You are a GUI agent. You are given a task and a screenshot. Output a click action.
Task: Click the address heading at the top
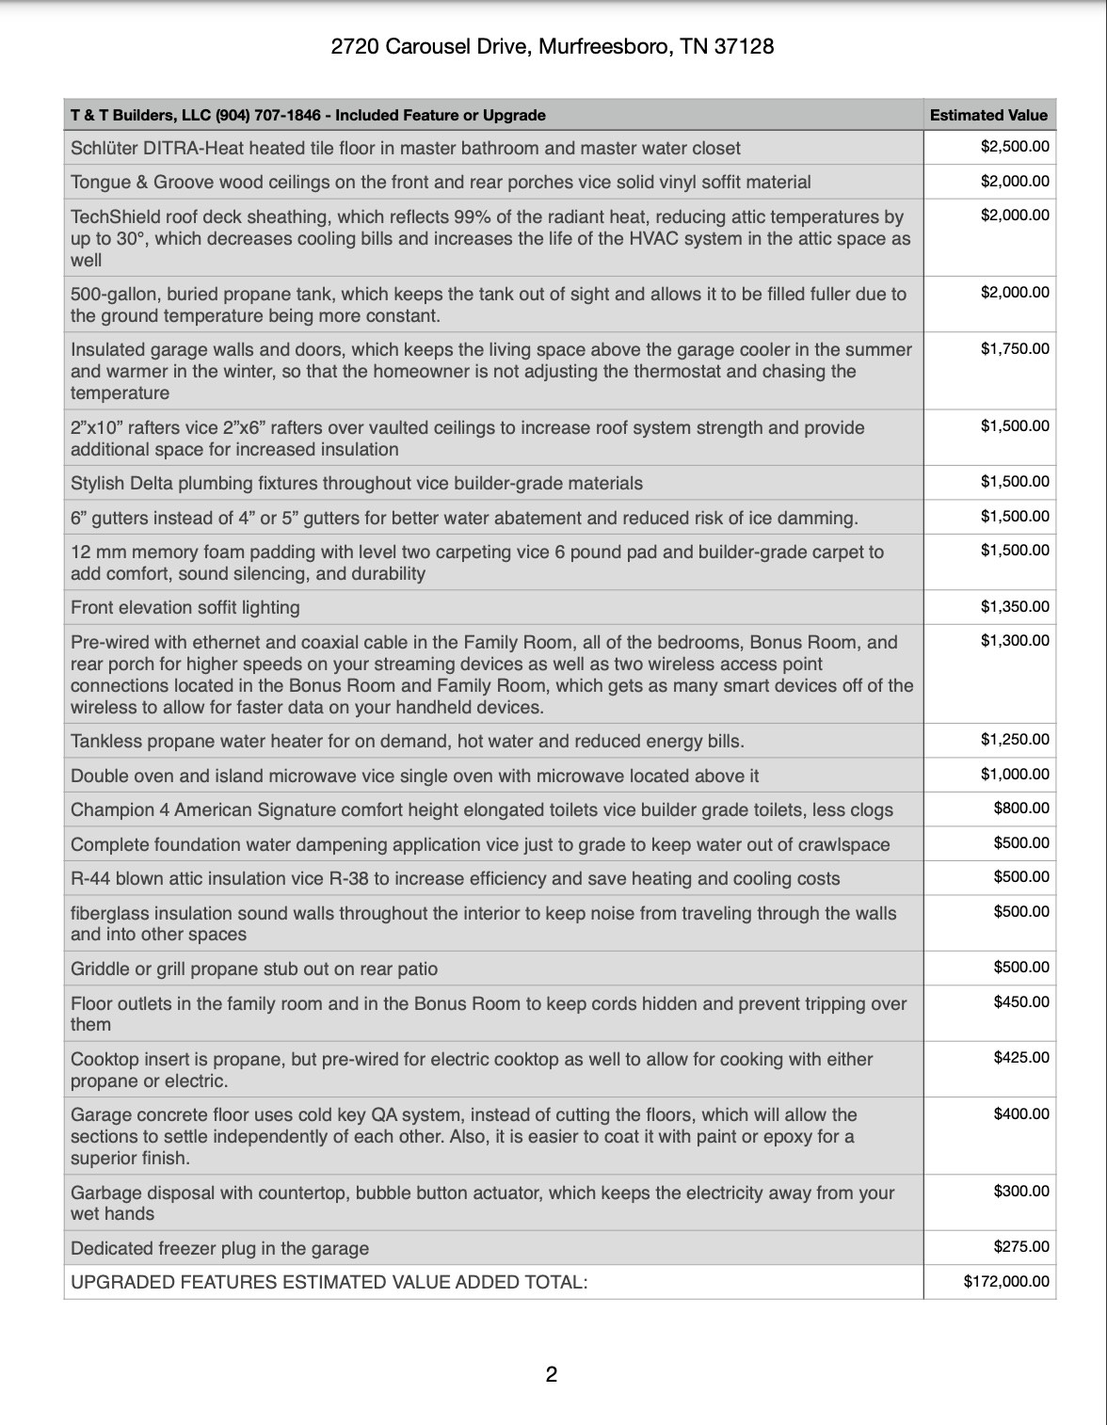553,46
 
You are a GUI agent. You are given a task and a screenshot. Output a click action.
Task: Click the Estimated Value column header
987,115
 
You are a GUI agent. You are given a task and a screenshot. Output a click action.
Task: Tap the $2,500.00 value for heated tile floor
1014,147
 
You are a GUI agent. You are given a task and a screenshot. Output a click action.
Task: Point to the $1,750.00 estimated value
1014,348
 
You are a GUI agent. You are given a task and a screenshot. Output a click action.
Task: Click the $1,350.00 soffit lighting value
1014,606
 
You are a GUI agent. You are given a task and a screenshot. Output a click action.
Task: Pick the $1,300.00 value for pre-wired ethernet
1014,641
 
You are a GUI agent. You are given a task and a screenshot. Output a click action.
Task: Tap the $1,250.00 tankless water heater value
1014,740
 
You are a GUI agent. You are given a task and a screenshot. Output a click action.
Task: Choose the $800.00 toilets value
1020,809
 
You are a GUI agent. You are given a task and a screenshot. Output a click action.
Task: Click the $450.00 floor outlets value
1020,1001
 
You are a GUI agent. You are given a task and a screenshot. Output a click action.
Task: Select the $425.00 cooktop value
1020,1058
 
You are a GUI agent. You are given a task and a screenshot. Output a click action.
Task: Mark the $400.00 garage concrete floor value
1020,1113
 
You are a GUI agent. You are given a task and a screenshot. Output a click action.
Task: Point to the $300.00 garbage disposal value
1020,1191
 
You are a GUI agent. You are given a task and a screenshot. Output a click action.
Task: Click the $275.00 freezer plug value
1020,1247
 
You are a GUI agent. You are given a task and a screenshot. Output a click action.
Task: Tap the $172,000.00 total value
1005,1281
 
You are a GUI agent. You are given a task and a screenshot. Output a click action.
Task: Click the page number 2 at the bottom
552,1374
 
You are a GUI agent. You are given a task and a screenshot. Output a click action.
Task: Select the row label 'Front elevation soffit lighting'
185,607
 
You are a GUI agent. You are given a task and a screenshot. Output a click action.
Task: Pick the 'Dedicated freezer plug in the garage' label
219,1248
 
